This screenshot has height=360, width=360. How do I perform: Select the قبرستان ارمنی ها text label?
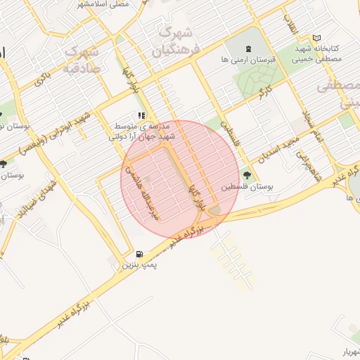[x=248, y=60]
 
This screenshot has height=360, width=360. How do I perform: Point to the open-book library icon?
[x=316, y=37]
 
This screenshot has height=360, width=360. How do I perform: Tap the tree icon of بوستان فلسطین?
[x=246, y=175]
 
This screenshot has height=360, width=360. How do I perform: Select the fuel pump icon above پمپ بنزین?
[x=139, y=254]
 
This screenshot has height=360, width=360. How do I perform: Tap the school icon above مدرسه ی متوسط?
[x=141, y=116]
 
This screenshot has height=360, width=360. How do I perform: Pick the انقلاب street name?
[x=289, y=25]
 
